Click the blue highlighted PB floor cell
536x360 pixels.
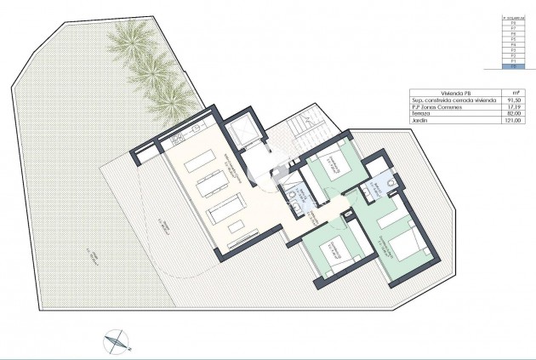coord(512,68)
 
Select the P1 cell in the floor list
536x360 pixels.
coord(512,62)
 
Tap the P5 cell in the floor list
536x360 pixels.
coord(512,39)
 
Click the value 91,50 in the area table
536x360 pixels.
coord(512,100)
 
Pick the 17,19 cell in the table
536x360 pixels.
coord(512,107)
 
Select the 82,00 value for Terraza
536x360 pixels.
coord(512,114)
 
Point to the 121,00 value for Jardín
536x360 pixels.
coord(512,121)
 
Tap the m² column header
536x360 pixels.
coord(512,94)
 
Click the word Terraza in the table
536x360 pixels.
coord(420,114)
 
